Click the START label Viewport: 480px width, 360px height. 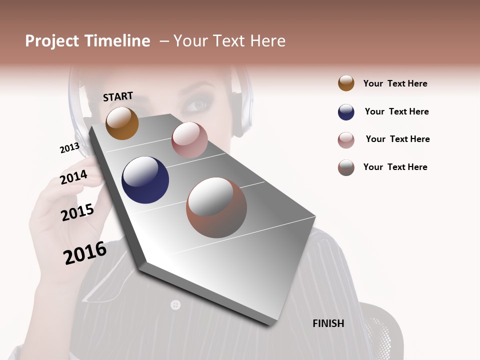point(118,96)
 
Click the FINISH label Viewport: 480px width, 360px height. point(328,323)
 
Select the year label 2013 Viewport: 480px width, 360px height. point(69,148)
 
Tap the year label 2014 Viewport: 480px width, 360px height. point(74,177)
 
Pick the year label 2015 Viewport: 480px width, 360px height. point(77,212)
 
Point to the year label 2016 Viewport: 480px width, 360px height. point(85,252)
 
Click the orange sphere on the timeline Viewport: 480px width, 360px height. point(122,123)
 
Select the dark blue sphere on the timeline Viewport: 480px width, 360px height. point(145,180)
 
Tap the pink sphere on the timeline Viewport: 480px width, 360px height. point(189,140)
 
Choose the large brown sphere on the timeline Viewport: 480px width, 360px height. point(216,207)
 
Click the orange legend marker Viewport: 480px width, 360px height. point(346,83)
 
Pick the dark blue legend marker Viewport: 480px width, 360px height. point(346,112)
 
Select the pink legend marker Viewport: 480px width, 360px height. point(346,140)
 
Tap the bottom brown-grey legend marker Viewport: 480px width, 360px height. point(346,167)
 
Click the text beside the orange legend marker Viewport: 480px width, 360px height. point(395,83)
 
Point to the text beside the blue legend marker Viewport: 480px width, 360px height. point(396,111)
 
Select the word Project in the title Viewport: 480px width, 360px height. point(52,41)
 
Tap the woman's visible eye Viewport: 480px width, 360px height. point(196,105)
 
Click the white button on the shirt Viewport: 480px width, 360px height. point(175,304)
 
